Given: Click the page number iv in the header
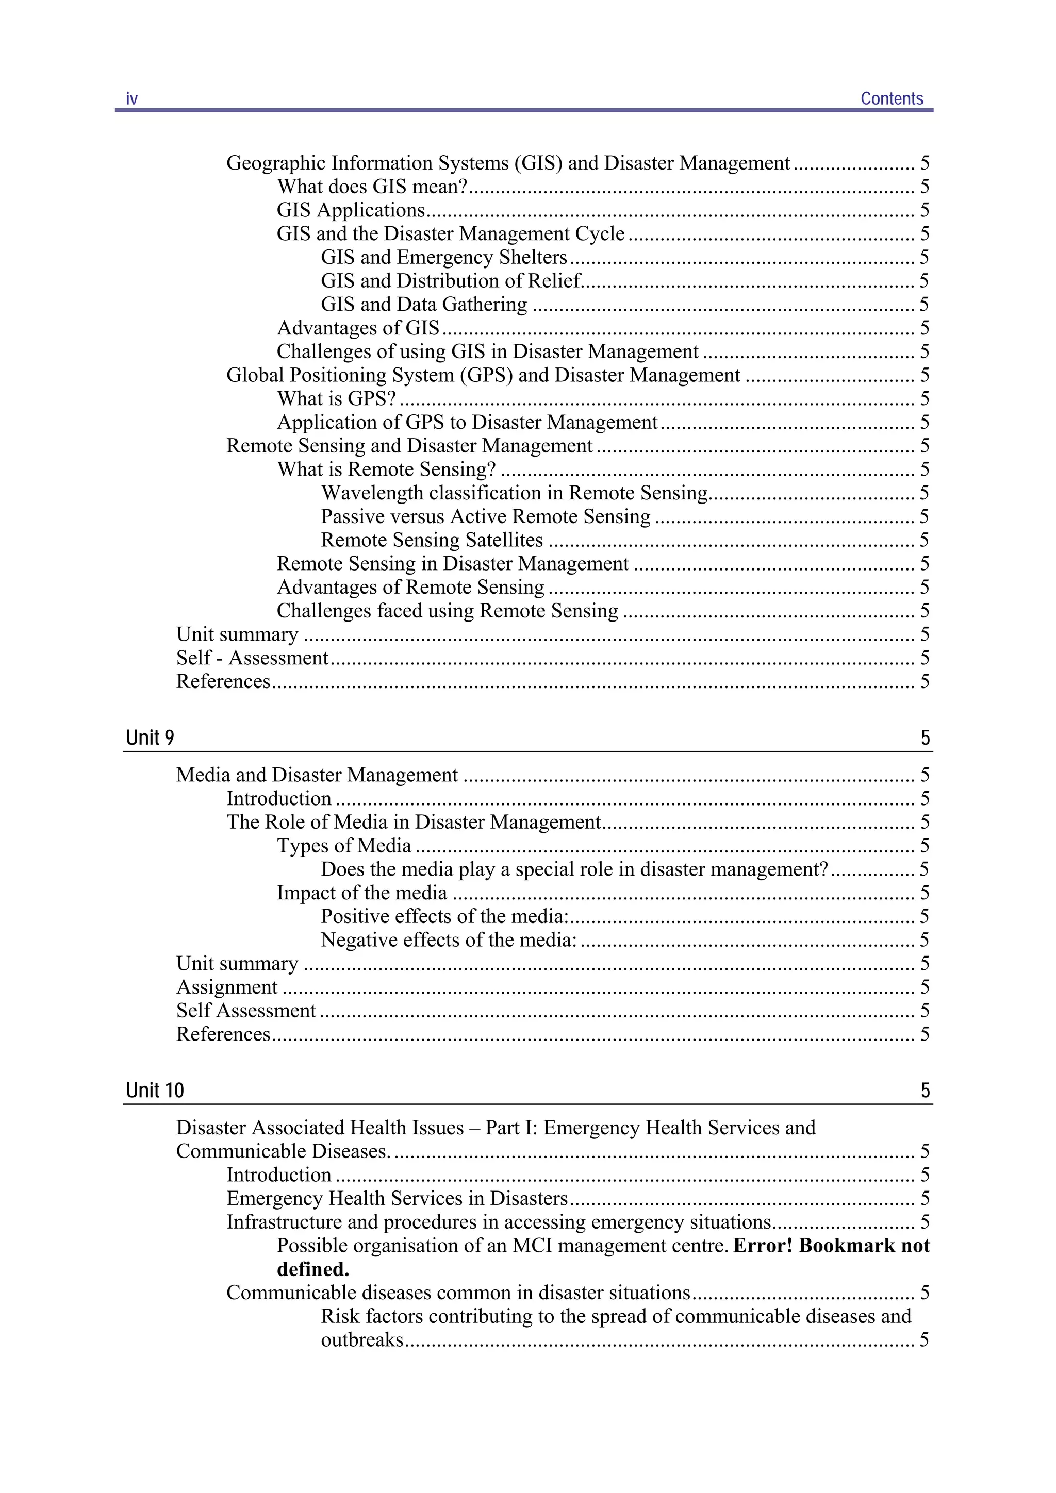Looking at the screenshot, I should point(131,99).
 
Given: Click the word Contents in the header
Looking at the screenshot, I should point(892,99).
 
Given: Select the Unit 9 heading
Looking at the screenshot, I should point(150,737).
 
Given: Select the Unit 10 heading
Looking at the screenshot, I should point(155,1091).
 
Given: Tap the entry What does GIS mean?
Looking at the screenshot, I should point(372,187).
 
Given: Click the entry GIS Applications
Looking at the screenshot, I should point(351,210).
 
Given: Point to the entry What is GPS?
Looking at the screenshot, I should point(336,398).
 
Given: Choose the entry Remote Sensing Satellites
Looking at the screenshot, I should point(432,540).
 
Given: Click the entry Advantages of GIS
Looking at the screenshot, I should point(358,328).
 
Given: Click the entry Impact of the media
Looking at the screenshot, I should point(362,893).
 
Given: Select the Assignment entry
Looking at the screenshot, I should point(227,987).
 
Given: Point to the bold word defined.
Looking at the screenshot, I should point(313,1269).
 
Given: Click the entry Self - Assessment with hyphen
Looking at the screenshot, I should point(252,658).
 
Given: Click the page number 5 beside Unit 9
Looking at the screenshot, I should point(925,737).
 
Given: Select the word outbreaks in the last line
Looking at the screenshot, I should point(362,1340).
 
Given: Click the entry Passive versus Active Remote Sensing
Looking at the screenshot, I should point(485,516).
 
